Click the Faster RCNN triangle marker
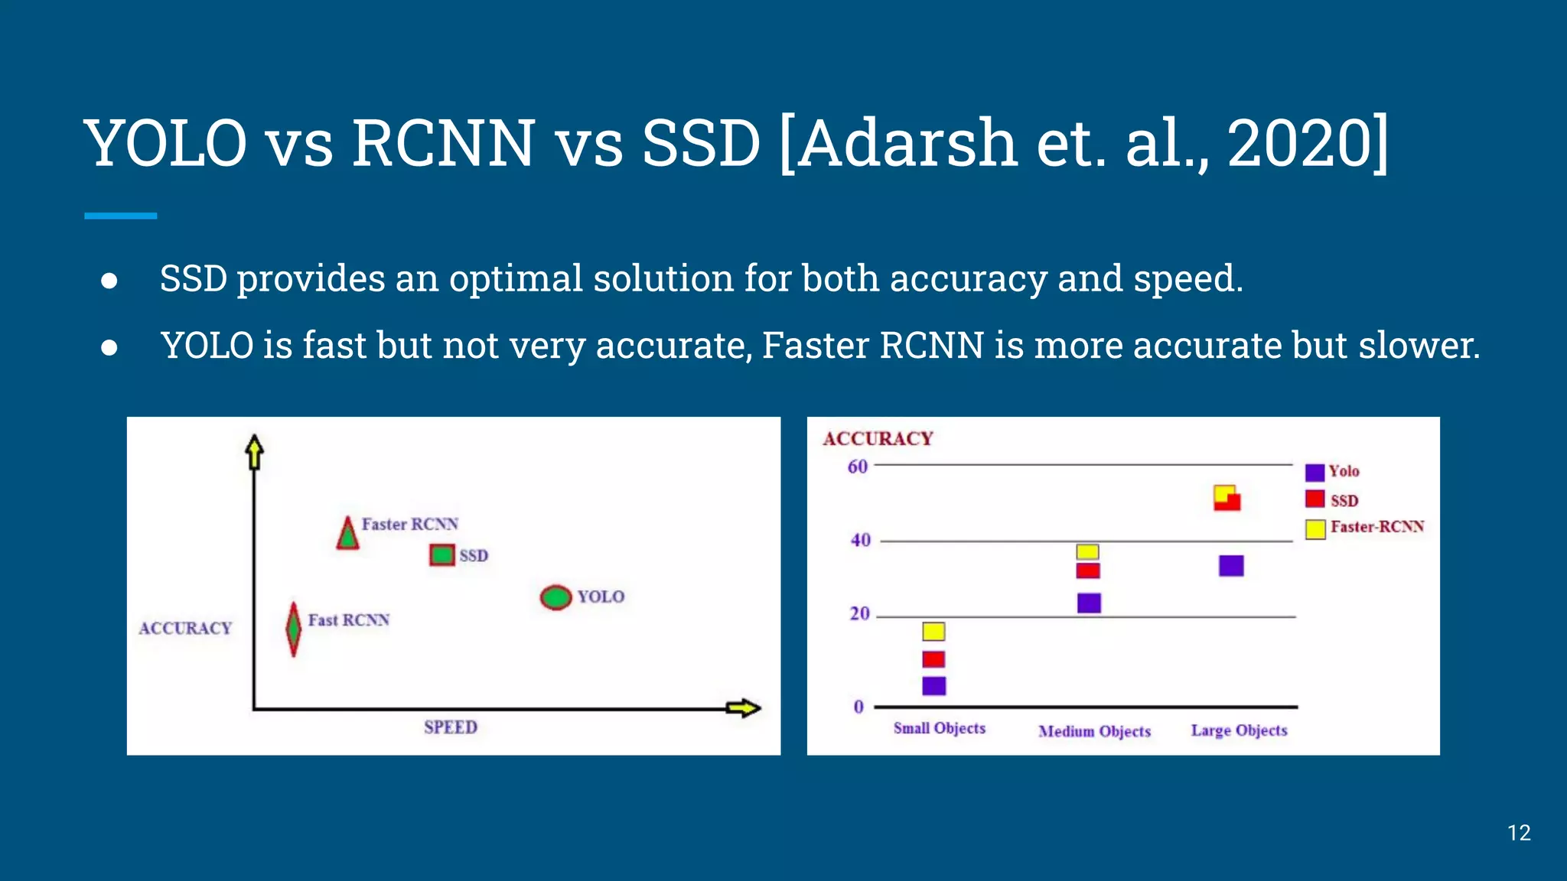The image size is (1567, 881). [348, 535]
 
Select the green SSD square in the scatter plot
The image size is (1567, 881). [442, 554]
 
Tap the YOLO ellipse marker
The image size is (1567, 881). [556, 597]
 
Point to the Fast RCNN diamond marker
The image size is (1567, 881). [293, 629]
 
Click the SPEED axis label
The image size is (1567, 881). [451, 727]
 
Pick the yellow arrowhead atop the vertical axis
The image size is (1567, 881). [255, 451]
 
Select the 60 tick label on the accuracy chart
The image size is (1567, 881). [858, 467]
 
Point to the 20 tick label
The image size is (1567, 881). [860, 613]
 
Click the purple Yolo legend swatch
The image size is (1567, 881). [1315, 473]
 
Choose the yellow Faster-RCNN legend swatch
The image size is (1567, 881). [1315, 528]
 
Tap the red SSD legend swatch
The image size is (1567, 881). [1315, 499]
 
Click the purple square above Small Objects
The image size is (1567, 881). [933, 685]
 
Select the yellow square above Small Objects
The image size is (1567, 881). [933, 631]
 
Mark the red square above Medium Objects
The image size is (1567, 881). [1087, 571]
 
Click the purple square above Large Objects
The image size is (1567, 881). [1231, 566]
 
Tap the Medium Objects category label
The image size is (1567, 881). [1094, 731]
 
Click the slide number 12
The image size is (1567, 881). [1519, 833]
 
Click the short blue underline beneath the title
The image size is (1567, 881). [120, 216]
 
